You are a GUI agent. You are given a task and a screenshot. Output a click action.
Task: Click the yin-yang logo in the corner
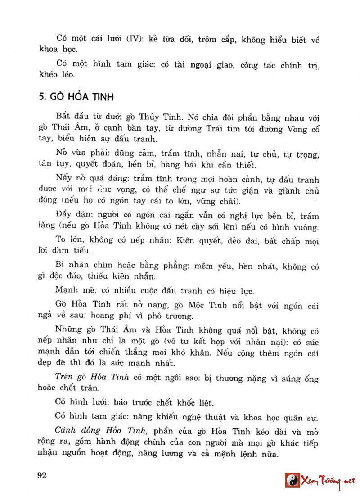[292, 480]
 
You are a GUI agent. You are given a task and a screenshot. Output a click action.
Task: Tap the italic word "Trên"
[64, 378]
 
